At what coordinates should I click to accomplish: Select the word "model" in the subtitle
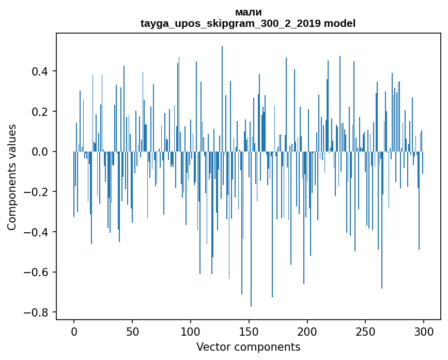tap(340, 24)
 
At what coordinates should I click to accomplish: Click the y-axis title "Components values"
tap(12, 177)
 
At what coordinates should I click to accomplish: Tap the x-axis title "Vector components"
tap(248, 347)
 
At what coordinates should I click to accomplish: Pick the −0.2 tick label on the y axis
tap(38, 192)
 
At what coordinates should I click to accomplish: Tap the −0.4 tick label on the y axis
tap(38, 232)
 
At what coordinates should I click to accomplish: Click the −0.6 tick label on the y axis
tap(38, 273)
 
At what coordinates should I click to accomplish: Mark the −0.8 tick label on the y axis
tap(38, 312)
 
